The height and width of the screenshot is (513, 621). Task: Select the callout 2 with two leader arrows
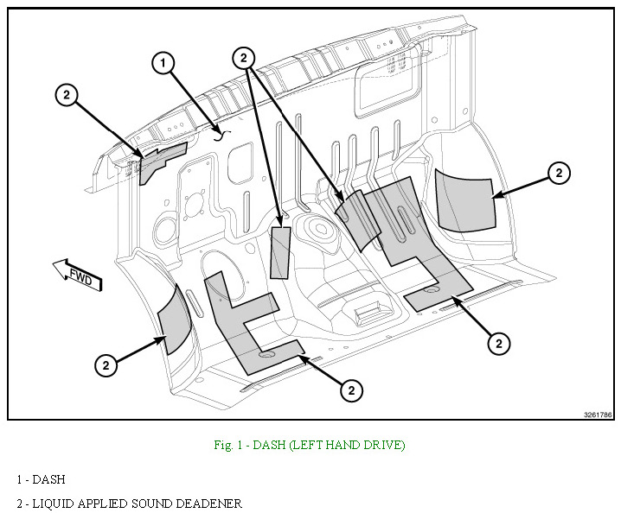(245, 57)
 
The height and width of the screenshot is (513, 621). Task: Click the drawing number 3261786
(596, 415)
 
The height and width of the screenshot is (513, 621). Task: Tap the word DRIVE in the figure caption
(384, 446)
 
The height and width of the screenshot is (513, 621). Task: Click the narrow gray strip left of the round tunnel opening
(279, 252)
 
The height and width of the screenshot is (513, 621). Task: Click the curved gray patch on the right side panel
(464, 200)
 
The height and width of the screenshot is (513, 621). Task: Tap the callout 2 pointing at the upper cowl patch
(67, 95)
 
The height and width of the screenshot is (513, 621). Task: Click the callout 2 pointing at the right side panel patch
(559, 174)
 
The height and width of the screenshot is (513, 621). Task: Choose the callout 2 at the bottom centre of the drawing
(350, 391)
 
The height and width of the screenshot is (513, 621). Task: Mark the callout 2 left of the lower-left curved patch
(106, 365)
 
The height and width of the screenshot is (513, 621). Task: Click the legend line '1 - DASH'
(41, 479)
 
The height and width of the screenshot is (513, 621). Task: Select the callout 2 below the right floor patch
(497, 344)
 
